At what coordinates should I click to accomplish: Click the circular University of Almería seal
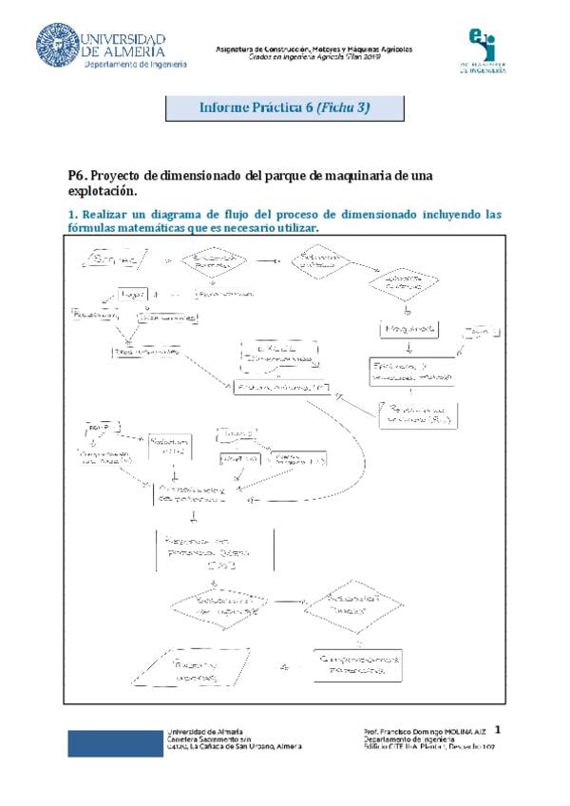(58, 45)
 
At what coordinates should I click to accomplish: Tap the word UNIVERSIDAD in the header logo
(124, 39)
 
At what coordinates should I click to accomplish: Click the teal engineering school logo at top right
(488, 49)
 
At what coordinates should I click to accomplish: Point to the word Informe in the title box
(224, 107)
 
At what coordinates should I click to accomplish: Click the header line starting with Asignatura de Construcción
(313, 48)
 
